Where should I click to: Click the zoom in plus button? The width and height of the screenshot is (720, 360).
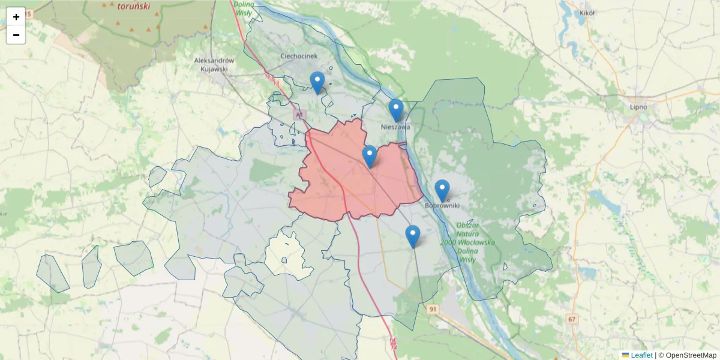coord(16,17)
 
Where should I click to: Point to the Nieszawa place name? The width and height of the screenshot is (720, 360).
coord(395,127)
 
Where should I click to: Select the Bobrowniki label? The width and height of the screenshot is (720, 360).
coord(442,206)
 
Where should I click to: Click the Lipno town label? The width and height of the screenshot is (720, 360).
coord(638,107)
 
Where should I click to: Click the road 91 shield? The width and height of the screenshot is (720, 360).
coord(434,309)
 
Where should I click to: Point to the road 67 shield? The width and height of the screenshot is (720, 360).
coord(572,319)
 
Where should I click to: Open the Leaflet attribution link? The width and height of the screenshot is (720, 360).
coord(641,355)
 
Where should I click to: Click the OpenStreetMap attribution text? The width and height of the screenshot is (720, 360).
coord(691,355)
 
